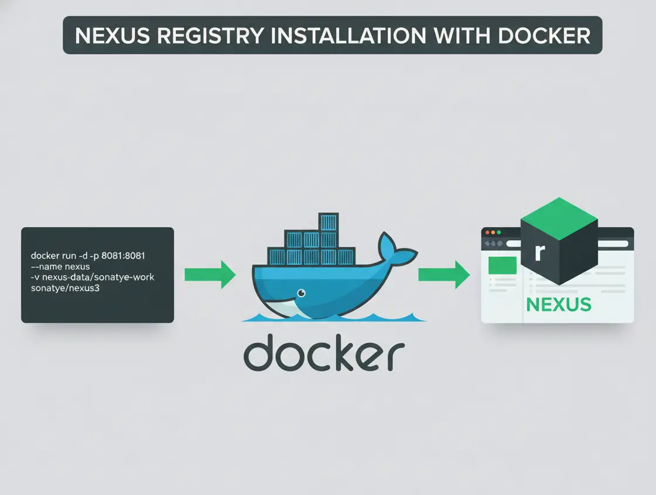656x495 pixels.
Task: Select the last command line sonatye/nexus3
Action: pos(65,288)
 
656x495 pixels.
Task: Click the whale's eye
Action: pos(301,293)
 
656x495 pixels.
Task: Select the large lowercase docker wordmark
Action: pos(324,352)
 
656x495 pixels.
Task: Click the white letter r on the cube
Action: pos(540,252)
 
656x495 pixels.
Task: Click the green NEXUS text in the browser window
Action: pos(558,305)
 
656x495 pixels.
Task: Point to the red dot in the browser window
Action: pos(486,233)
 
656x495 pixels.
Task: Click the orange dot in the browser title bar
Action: pos(491,233)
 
